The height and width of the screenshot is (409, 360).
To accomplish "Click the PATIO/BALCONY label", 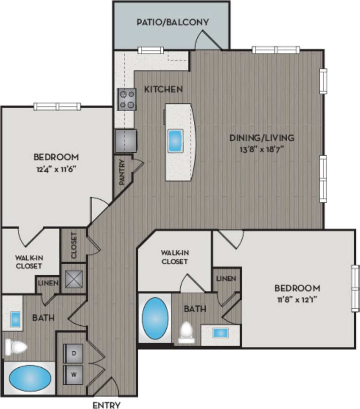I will pyautogui.click(x=172, y=22).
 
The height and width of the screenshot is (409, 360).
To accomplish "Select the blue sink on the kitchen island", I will pyautogui.click(x=175, y=140).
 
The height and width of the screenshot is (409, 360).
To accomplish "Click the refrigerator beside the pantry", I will pyautogui.click(x=126, y=141).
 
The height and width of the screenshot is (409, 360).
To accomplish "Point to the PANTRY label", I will pyautogui.click(x=122, y=171).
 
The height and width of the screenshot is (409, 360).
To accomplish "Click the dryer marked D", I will pyautogui.click(x=73, y=353).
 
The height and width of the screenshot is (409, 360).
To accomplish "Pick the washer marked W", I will pyautogui.click(x=73, y=374).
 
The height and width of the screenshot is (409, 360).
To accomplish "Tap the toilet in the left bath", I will pyautogui.click(x=16, y=347).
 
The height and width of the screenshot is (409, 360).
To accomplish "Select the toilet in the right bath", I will pyautogui.click(x=186, y=333).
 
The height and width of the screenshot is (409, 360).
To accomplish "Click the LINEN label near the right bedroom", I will pyautogui.click(x=226, y=278).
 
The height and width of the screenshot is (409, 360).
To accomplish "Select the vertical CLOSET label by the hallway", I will pyautogui.click(x=73, y=246).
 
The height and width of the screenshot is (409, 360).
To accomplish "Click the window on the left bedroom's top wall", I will pyautogui.click(x=57, y=106).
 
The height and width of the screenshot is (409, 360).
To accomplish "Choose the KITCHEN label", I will pyautogui.click(x=163, y=89).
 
